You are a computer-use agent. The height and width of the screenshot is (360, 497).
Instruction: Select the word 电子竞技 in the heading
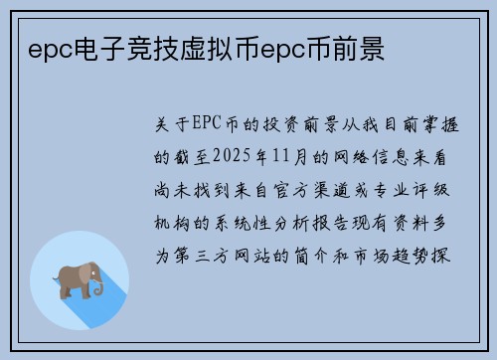[106, 47]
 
